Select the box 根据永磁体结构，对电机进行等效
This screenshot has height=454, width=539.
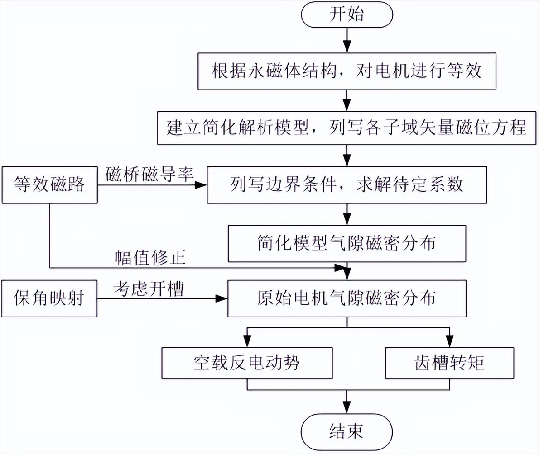coord(346,72)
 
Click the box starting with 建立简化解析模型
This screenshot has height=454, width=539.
coord(346,128)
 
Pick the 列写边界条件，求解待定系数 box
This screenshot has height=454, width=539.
coord(346,185)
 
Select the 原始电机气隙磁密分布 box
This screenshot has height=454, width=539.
coord(346,298)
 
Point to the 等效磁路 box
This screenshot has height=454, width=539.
coord(49,185)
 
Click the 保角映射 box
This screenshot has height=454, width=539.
coord(49,299)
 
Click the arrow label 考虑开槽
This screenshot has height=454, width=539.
coord(149,288)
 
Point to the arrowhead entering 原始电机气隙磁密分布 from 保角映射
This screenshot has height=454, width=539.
coord(221,299)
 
